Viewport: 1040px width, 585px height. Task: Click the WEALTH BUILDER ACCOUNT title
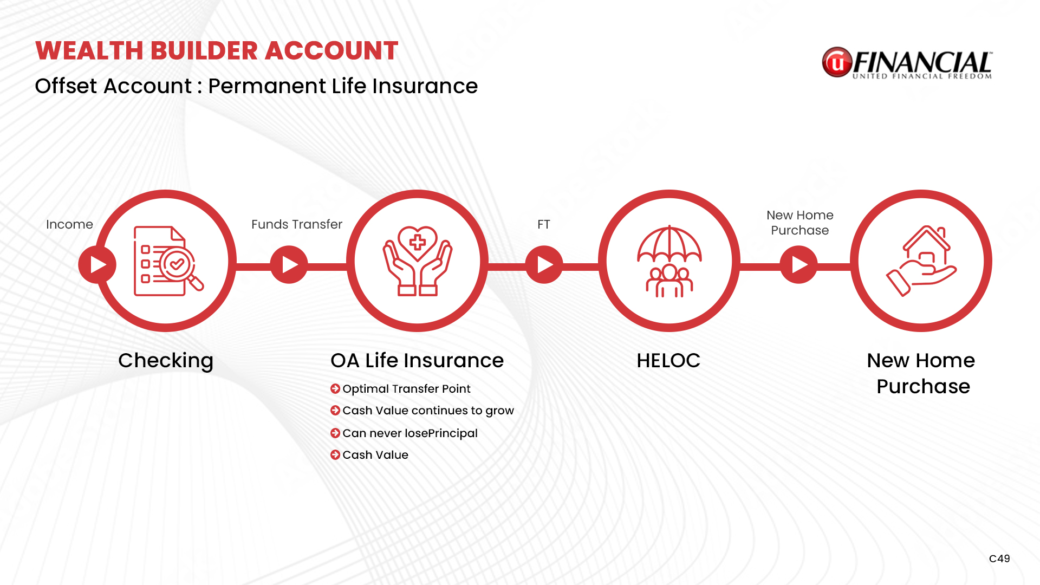pyautogui.click(x=217, y=50)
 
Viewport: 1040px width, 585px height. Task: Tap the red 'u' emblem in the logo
pyautogui.click(x=837, y=62)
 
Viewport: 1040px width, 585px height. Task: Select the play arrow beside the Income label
pyautogui.click(x=97, y=264)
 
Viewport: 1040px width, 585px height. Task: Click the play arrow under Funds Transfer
pyautogui.click(x=289, y=264)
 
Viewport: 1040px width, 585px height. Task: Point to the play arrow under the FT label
pyautogui.click(x=544, y=264)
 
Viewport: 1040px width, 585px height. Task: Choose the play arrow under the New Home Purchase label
pyautogui.click(x=799, y=264)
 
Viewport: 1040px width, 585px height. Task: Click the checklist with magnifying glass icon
pyautogui.click(x=168, y=261)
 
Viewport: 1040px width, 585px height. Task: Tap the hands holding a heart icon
pyautogui.click(x=418, y=261)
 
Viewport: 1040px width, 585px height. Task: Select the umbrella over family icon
pyautogui.click(x=669, y=261)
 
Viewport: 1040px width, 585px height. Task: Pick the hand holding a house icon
pyautogui.click(x=921, y=261)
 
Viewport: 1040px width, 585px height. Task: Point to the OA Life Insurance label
pyautogui.click(x=417, y=361)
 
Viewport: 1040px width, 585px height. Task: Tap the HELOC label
pyautogui.click(x=668, y=361)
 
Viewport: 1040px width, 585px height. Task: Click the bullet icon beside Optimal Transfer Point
pyautogui.click(x=335, y=388)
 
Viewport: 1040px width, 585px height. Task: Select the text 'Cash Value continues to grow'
pyautogui.click(x=428, y=411)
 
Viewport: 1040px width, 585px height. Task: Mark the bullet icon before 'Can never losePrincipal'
pyautogui.click(x=335, y=433)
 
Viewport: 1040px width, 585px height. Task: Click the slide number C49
pyautogui.click(x=999, y=558)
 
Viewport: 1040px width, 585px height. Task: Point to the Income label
pyautogui.click(x=69, y=224)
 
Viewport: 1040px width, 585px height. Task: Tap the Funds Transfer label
pyautogui.click(x=297, y=224)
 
